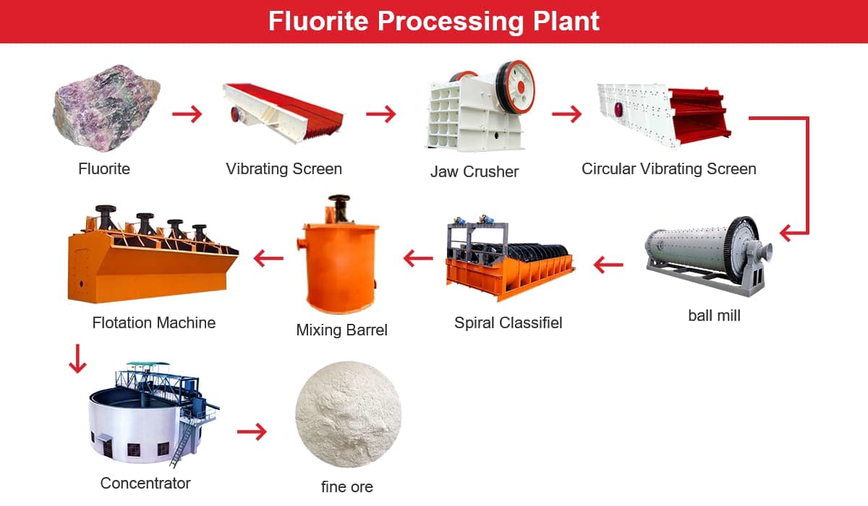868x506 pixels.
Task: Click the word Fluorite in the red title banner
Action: click(x=318, y=21)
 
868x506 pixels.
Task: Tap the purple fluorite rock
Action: click(x=106, y=108)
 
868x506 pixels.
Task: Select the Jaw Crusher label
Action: click(x=475, y=171)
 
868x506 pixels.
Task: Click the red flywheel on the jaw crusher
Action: click(x=516, y=87)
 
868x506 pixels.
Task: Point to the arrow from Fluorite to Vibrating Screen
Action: click(x=187, y=113)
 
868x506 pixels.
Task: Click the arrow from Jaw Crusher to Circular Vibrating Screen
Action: click(x=567, y=113)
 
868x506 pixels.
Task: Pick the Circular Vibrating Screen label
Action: click(x=669, y=169)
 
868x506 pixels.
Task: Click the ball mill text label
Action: click(x=714, y=315)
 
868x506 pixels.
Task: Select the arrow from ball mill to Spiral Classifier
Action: click(x=608, y=265)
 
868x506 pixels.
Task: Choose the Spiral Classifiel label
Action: click(x=508, y=322)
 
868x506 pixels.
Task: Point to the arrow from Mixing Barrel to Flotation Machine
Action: click(x=268, y=258)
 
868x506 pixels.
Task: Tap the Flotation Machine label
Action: click(x=154, y=322)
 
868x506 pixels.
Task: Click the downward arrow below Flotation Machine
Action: click(x=77, y=359)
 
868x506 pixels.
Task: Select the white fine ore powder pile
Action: click(x=349, y=414)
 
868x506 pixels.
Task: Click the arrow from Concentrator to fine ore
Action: click(x=252, y=432)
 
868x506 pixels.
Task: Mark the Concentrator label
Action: click(x=145, y=483)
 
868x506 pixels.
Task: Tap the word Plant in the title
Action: click(x=566, y=21)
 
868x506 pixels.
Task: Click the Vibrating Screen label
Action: click(x=284, y=169)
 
